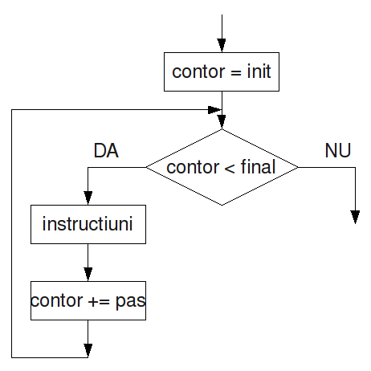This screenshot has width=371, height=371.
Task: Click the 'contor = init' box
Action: point(222,71)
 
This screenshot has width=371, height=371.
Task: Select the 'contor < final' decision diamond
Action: point(222,167)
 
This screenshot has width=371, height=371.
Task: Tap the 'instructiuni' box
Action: point(88,224)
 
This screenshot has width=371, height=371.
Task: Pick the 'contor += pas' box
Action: point(88,300)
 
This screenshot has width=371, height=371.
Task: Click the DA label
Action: point(106,150)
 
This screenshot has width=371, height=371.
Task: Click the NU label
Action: point(338,150)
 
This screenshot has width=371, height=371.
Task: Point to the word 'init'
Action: point(259,71)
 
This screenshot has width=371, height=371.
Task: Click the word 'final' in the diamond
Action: point(258,166)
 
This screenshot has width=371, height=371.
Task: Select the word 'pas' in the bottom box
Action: point(131,301)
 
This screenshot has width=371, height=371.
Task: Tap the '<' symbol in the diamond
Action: point(230,169)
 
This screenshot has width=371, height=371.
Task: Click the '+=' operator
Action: point(99,302)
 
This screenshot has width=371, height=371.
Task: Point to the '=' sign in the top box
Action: point(236,72)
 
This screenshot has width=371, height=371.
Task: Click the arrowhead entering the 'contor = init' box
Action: point(222,45)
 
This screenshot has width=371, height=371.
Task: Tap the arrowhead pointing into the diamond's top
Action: point(222,122)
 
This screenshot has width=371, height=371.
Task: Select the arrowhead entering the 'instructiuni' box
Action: point(88,198)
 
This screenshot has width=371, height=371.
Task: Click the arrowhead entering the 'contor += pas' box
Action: point(88,275)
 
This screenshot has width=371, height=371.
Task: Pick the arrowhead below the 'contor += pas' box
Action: point(88,351)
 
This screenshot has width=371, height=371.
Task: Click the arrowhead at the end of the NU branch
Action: point(355,217)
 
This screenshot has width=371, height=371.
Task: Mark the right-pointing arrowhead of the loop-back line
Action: point(214,110)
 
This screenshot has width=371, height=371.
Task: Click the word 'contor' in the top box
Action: point(198,71)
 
